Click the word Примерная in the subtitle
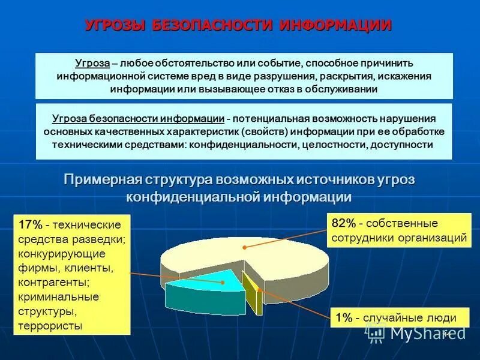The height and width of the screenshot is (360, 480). (x=104, y=180)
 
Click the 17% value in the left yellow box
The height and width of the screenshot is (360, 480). (x=30, y=225)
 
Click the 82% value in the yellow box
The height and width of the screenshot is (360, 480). (x=344, y=223)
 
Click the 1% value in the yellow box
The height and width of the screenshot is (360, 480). (x=343, y=318)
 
